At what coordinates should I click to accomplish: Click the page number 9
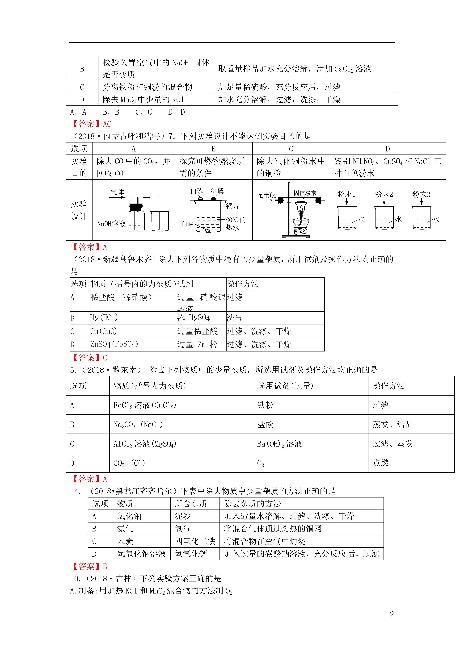392,613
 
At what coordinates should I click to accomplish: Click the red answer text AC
107,124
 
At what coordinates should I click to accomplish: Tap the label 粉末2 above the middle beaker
384,195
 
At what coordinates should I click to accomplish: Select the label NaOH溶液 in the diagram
111,224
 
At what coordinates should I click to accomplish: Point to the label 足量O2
267,195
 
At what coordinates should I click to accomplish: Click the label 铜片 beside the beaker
232,206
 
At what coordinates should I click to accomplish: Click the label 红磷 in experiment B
217,191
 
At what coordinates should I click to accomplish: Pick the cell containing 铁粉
265,405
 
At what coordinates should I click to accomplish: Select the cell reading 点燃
380,463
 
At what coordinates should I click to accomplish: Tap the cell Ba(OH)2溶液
279,444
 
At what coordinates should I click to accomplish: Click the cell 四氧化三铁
195,541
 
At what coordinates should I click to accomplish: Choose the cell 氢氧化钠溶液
142,554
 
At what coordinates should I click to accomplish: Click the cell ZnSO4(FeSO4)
114,344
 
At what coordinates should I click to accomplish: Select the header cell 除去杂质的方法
252,503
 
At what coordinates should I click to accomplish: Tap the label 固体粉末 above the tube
305,193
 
